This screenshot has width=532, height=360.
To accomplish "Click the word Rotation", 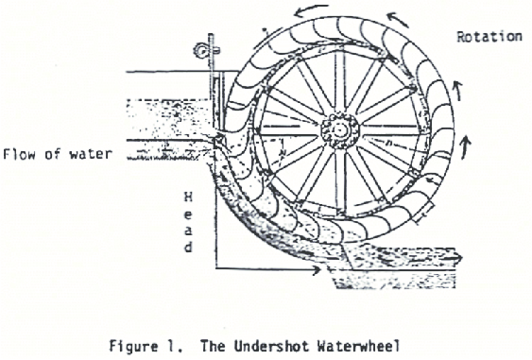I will (489, 37).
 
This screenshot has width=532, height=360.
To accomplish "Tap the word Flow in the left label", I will (20, 153).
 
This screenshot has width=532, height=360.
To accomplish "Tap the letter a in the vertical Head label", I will (190, 228).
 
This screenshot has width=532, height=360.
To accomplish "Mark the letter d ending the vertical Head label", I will (190, 248).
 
